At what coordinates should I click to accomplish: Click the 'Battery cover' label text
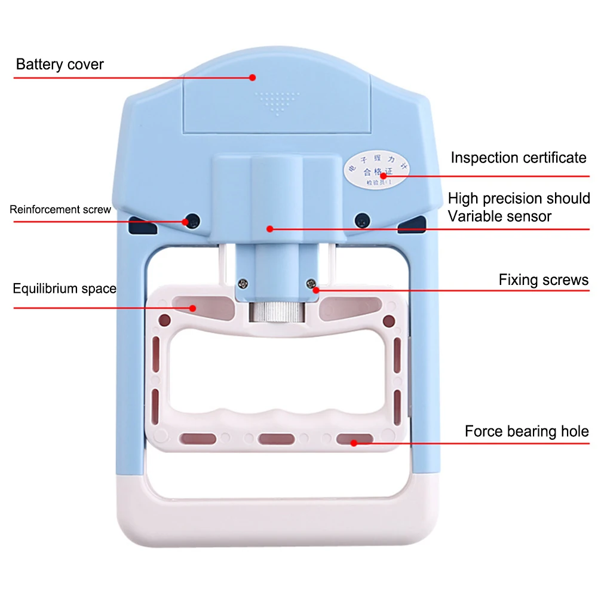[60, 65]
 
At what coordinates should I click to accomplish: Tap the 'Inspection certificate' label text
[518, 158]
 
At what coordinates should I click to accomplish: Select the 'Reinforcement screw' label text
[60, 210]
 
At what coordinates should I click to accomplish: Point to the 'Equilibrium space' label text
[65, 289]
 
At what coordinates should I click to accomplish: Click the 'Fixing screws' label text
[543, 280]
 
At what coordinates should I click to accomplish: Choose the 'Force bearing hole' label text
[526, 431]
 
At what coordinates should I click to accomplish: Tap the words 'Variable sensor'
[499, 216]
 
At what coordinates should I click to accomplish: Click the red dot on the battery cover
[253, 77]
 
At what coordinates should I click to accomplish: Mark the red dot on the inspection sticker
[382, 176]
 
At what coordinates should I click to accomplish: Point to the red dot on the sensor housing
[270, 228]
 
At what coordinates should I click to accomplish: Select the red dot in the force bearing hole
[354, 443]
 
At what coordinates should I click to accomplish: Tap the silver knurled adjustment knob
[276, 313]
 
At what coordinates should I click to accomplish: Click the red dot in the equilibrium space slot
[193, 308]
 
